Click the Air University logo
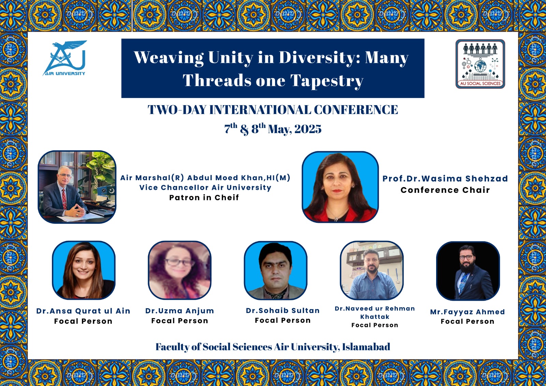tap(64, 58)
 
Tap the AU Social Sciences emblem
tap(480, 64)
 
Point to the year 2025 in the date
tap(308, 129)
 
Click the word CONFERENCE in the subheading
tap(356, 110)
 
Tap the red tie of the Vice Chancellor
tap(64, 199)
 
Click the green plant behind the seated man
tap(100, 171)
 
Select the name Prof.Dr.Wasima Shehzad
tap(445, 178)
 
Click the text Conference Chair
tap(445, 190)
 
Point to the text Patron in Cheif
tap(204, 198)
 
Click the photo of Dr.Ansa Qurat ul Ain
tap(84, 270)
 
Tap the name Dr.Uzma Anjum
tap(179, 311)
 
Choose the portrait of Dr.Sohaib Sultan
tap(275, 270)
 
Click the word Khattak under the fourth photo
tap(375, 317)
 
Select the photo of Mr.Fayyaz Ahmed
tap(468, 271)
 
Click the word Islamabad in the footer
tap(366, 347)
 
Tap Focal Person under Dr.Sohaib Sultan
tap(283, 320)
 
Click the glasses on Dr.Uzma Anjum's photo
tap(179, 262)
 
